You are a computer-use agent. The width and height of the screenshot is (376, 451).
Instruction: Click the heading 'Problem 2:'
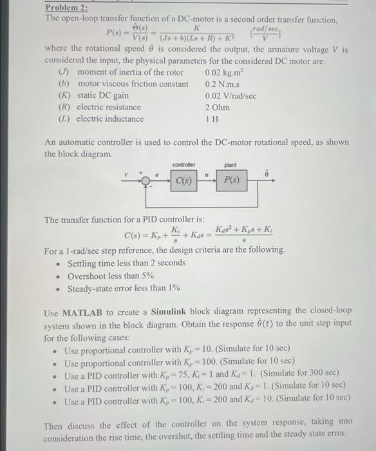point(66,8)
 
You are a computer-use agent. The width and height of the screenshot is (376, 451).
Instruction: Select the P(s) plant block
point(231,181)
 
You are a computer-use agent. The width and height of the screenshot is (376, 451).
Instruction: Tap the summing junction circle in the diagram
point(146,182)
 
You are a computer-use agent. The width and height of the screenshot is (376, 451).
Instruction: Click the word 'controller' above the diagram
point(184,165)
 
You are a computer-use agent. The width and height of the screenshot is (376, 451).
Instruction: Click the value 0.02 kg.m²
point(227,73)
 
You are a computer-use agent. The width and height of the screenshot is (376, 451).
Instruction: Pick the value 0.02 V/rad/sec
point(230,96)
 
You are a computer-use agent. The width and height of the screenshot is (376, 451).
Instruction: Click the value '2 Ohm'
point(218,108)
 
